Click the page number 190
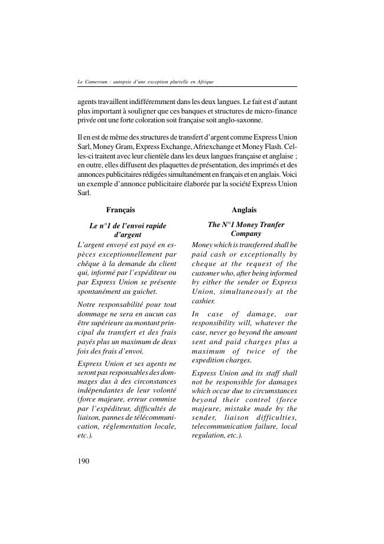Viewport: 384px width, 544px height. [x=83, y=461]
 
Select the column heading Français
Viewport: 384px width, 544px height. [x=121, y=210]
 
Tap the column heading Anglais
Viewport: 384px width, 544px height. [x=244, y=210]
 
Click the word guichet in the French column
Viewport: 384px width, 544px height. [x=145, y=292]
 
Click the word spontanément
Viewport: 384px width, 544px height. [x=100, y=292]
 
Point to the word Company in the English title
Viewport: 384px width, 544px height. [x=246, y=234]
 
